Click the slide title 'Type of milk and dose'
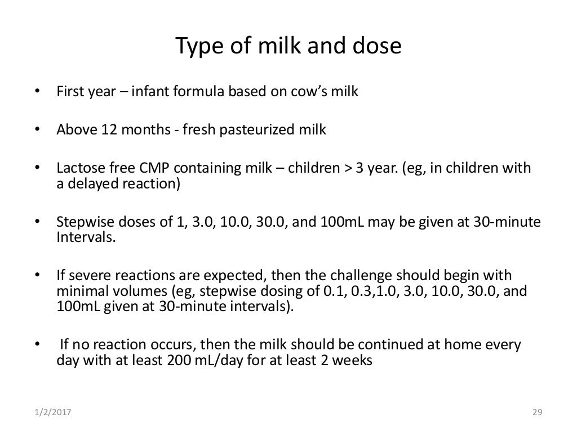(288, 46)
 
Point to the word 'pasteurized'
(257, 130)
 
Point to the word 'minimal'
(79, 290)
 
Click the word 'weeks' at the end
(353, 361)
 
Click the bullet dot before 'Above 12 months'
(38, 130)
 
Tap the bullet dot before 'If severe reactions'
(38, 276)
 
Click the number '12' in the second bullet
(109, 130)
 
